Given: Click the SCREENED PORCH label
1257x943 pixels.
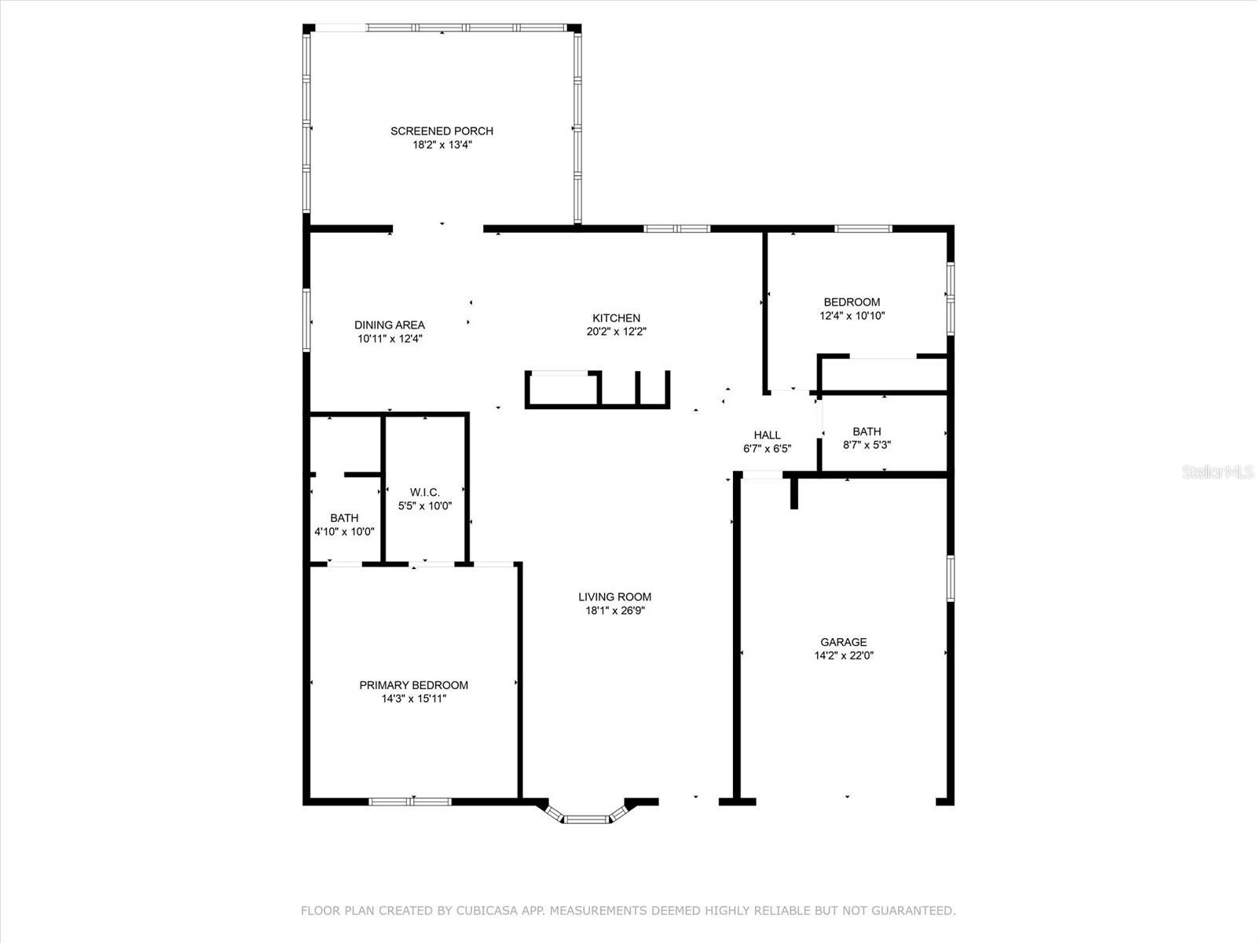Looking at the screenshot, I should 442,131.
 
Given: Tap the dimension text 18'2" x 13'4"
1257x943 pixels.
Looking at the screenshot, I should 442,145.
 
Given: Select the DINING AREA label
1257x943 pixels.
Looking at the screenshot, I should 390,325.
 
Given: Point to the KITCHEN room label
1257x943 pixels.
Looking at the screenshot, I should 616,318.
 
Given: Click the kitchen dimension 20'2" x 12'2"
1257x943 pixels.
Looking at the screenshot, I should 616,332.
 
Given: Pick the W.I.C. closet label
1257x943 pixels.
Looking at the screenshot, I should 424,493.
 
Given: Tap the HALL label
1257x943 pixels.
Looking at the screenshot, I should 767,435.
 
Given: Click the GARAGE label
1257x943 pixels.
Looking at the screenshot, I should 844,642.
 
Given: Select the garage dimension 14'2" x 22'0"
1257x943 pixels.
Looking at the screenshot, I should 844,656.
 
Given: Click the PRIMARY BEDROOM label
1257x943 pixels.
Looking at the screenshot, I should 413,685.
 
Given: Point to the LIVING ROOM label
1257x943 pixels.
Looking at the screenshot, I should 614,597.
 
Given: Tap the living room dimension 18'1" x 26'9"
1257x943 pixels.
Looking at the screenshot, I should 614,611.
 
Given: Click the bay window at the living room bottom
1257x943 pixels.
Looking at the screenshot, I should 587,818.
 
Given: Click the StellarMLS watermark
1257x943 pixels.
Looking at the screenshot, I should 1217,472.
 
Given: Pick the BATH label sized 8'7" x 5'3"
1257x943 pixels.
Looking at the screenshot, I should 867,431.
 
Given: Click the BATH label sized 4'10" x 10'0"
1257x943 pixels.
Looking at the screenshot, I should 344,518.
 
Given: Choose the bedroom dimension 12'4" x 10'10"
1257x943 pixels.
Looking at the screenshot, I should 852,316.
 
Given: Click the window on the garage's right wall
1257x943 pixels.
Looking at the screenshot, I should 950,578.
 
